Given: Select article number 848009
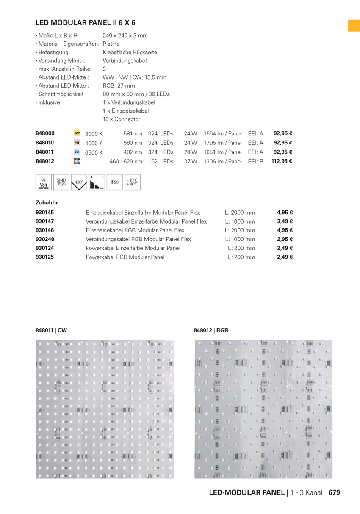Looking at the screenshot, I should click(45, 133).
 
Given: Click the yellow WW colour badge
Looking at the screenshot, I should click(77, 133).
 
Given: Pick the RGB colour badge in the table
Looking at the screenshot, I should click(77, 161).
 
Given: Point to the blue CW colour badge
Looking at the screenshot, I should click(77, 152).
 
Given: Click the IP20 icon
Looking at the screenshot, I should click(114, 182).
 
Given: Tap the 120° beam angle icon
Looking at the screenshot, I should click(79, 182).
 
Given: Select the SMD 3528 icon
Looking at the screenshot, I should click(61, 182).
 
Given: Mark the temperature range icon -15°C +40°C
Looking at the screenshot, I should click(132, 182).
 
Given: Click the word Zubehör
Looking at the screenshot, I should click(47, 203).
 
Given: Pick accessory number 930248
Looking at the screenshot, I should click(45, 239).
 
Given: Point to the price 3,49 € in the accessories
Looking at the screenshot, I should click(285, 221).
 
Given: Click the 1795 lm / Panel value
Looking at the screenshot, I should click(222, 143).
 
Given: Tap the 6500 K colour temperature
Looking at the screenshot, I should click(94, 152).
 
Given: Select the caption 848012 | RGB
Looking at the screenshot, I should click(211, 330).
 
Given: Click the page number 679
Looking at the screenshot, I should click(334, 492).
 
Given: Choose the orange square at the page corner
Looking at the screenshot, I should click(354, 25).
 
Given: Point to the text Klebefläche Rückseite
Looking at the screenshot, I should click(130, 52).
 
